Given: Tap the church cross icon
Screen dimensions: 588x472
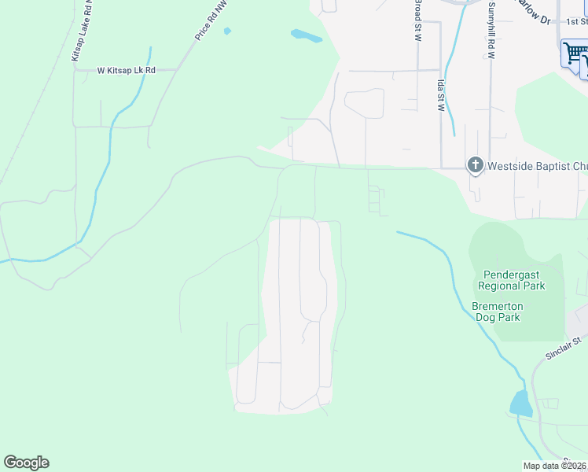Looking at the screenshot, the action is point(475,165).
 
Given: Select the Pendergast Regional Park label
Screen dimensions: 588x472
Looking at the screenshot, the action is point(513,280).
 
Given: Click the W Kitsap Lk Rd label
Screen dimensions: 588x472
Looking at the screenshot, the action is point(127,70).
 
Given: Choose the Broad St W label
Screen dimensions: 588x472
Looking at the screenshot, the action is point(417,19).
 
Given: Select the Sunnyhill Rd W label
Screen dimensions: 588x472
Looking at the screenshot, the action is point(491,31).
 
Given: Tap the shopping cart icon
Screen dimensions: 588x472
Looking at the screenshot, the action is point(575,54).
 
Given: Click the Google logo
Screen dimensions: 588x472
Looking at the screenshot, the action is point(26,463).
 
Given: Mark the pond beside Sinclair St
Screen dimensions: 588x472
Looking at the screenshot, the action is point(520,404).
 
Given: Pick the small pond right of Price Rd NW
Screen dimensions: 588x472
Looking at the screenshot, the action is point(228,31).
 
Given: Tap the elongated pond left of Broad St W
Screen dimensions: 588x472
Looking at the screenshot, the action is point(306,35).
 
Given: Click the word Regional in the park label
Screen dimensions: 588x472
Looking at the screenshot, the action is point(512,286).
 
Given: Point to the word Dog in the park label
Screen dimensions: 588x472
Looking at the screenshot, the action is point(498,318).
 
